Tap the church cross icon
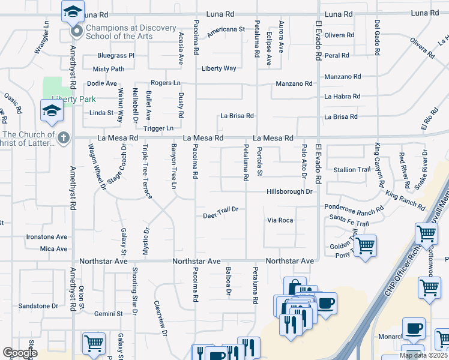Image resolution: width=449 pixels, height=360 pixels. coord(64,137)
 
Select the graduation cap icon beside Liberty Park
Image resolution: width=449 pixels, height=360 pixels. coord(52,110)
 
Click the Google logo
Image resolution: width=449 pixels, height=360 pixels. coord(20,353)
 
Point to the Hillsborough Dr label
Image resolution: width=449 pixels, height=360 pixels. coord(290,191)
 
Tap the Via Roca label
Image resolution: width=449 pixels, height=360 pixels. coord(280,220)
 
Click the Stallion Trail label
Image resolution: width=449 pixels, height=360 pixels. coord(352,170)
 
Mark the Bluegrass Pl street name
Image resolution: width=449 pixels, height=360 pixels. coord(115,55)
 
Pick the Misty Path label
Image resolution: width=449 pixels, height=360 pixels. coord(109,69)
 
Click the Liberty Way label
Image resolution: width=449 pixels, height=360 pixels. coord(218,68)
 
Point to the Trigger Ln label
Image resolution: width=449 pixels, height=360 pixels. coord(158,128)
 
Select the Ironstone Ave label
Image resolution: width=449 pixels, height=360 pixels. coord(47,237)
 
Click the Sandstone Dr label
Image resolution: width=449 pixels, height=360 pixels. coord(38,305)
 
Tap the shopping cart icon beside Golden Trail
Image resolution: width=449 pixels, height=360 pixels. coord(365,245)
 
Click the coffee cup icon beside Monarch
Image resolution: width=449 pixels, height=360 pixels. coord(414,328)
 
